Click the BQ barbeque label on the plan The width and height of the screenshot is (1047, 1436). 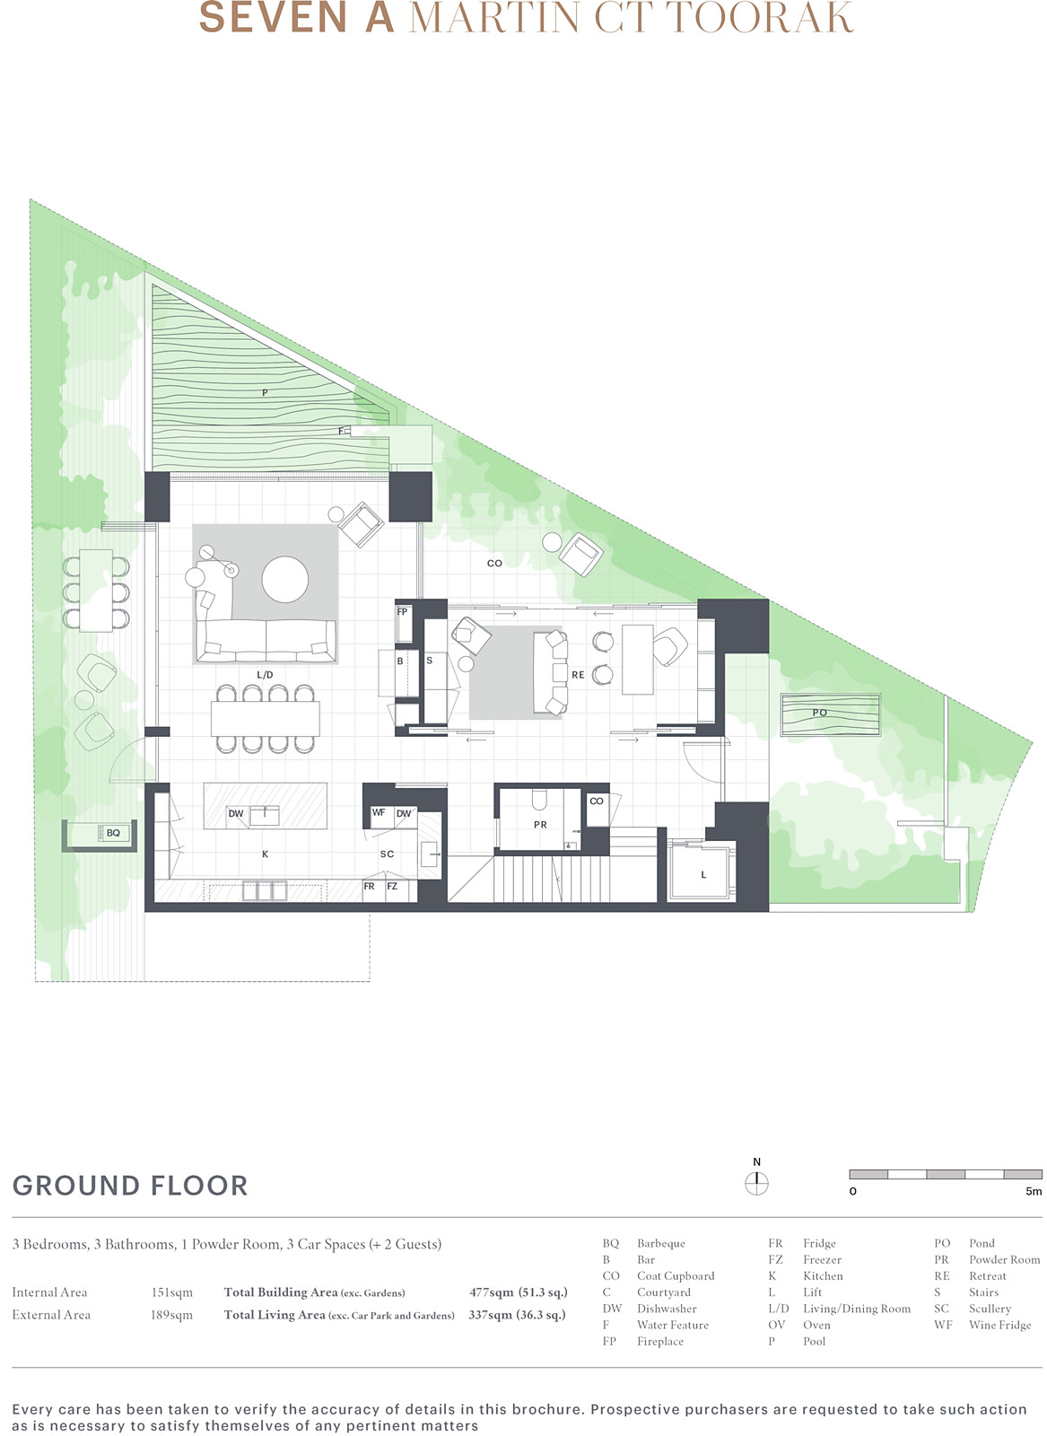pos(113,833)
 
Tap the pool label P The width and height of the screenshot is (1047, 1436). pos(265,392)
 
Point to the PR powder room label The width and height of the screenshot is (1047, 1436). pos(540,825)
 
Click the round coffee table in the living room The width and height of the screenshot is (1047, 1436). pos(284,579)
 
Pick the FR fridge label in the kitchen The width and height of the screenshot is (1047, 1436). pos(369,886)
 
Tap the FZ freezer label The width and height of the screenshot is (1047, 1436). pos(392,886)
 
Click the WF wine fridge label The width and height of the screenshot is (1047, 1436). pos(378,812)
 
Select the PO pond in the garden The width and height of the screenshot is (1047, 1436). pos(831,714)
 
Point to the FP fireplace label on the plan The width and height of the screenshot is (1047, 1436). pos(403,611)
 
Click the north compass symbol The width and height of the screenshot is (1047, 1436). pos(756,1184)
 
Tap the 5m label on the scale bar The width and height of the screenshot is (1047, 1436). pos(1033,1191)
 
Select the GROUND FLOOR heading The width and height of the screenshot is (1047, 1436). pos(130,1186)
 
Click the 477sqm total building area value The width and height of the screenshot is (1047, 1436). pos(492,1292)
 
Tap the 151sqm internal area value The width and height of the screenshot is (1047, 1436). pos(171,1292)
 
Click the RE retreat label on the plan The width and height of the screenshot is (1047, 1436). pos(578,674)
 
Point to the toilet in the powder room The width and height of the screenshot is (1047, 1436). pos(539,799)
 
